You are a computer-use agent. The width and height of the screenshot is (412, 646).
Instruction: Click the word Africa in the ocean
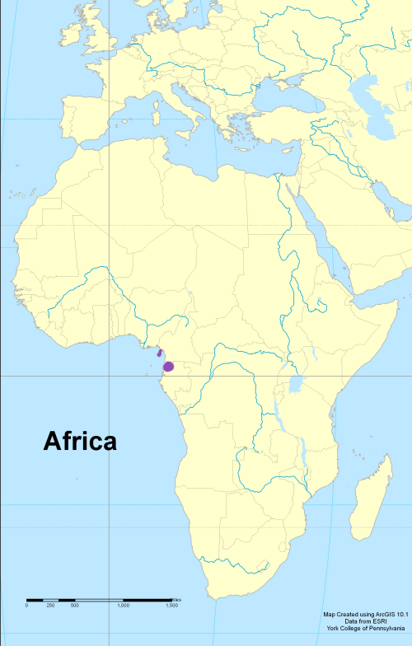point(79,442)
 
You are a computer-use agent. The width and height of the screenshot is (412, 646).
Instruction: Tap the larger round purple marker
point(168,366)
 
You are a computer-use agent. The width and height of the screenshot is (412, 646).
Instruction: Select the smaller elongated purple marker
point(159,353)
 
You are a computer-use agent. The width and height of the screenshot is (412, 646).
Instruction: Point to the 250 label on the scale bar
point(50,606)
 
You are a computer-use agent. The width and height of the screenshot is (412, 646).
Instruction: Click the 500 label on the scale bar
point(74,606)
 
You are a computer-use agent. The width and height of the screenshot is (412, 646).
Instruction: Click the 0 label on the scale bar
point(26,606)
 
